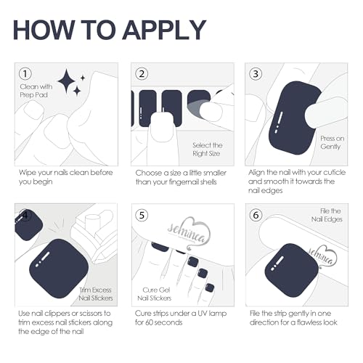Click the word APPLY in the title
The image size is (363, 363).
point(164,30)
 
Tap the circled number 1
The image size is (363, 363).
point(25,73)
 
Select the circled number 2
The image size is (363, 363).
point(142,74)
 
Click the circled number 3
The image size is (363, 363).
point(256,74)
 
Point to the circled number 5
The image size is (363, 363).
point(142,215)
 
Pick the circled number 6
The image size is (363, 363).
point(256,215)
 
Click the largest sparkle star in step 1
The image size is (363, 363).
point(67,81)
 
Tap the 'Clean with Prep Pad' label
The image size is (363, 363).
point(36,91)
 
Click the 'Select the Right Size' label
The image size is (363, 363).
point(208,150)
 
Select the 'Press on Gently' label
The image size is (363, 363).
point(332,142)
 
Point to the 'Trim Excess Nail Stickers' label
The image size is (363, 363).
point(96,294)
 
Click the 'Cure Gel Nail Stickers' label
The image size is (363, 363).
point(155,294)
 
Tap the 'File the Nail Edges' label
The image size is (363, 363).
point(327,215)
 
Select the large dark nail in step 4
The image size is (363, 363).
point(59,269)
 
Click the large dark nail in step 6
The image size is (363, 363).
point(292,270)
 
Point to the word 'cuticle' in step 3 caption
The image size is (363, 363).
point(335,173)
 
